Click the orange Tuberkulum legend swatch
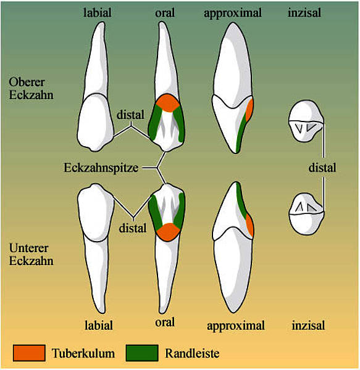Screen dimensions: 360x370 [29, 353]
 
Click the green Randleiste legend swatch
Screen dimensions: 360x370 [142, 353]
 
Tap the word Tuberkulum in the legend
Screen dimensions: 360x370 [83, 353]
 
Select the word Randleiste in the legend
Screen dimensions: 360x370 [192, 353]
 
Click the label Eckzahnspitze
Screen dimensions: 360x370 [101, 168]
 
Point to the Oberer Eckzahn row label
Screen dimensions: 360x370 [31, 88]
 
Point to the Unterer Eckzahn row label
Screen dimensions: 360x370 [31, 254]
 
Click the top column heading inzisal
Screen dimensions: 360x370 [304, 12]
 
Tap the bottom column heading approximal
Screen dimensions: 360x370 [236, 326]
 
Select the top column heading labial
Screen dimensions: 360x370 [98, 12]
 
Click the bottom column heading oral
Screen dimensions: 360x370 [165, 322]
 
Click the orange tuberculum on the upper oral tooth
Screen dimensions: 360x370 [168, 103]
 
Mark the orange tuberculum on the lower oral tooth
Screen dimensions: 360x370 [168, 232]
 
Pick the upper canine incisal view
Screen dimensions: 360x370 [306, 121]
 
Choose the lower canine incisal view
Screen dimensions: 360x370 [306, 213]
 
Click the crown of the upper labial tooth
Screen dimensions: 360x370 [96, 122]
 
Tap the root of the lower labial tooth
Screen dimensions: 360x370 [96, 274]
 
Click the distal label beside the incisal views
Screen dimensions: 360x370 [322, 168]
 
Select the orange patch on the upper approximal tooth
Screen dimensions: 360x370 [249, 110]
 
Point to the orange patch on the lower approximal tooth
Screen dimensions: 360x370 [249, 225]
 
